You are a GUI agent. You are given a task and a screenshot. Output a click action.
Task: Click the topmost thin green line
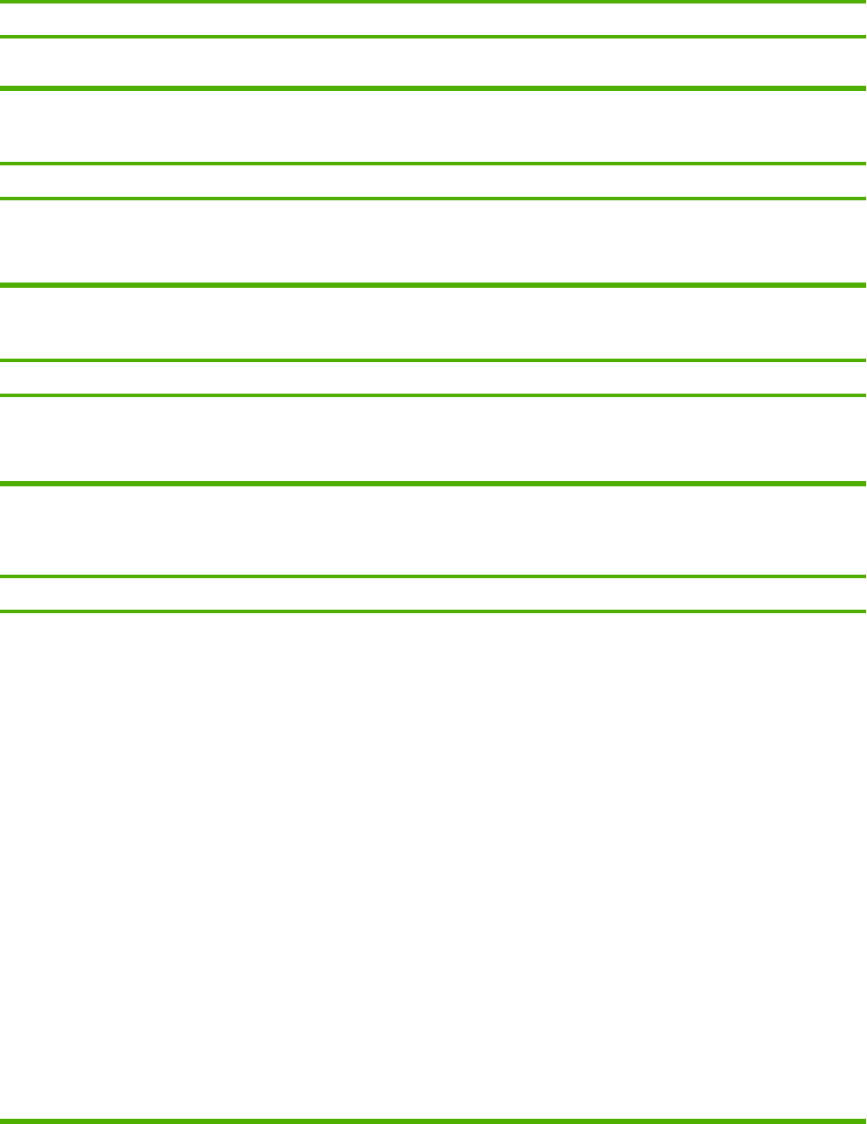tap(433, 2)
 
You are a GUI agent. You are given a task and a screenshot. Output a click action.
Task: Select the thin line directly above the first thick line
tap(433, 37)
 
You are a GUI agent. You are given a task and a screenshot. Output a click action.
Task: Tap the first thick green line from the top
tap(433, 88)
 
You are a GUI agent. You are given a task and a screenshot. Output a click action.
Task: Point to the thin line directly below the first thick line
tap(433, 164)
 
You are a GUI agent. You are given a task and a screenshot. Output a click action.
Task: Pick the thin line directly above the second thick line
tap(433, 199)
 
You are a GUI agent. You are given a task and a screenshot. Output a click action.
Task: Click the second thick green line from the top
tap(433, 285)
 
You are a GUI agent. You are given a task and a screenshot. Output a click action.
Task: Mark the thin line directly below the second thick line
tap(433, 360)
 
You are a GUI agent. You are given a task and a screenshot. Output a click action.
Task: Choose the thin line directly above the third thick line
tap(433, 395)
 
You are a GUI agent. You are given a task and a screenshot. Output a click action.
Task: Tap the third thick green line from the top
tap(433, 483)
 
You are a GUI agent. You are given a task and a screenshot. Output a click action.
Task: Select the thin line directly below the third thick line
tap(433, 576)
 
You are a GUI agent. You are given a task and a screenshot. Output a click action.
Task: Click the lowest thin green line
tap(433, 611)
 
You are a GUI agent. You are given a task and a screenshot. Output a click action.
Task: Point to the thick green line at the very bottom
tap(433, 1121)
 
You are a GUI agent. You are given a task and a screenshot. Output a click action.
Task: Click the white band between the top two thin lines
tap(433, 19)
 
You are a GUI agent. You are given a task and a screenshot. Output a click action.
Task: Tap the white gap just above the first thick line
tap(433, 62)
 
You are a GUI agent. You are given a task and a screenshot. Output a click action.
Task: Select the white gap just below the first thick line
tap(433, 127)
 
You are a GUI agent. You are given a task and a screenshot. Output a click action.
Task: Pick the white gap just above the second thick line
tap(433, 241)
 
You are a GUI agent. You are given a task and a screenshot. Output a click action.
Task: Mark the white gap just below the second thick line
tap(433, 324)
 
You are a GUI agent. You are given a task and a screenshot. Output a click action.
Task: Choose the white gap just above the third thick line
tap(433, 438)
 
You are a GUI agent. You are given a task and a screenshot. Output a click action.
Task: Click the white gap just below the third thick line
tap(433, 530)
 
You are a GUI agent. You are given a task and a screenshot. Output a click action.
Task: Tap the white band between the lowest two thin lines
tap(433, 594)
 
